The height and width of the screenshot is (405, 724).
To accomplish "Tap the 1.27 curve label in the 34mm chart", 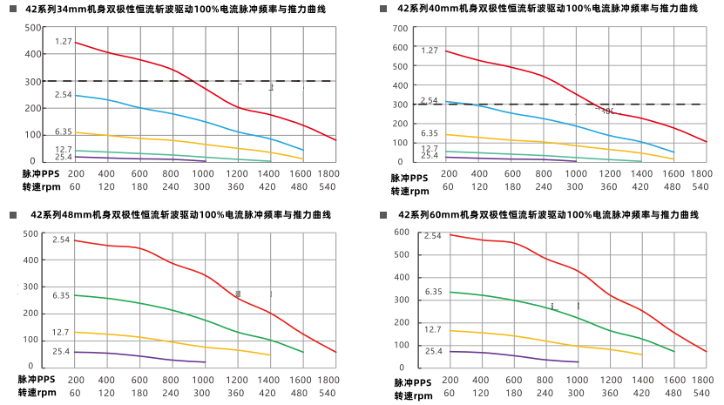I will click(63, 42).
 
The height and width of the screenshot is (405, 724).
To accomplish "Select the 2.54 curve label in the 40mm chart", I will click(429, 101).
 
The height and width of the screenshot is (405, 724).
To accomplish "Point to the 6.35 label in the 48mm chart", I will click(61, 296).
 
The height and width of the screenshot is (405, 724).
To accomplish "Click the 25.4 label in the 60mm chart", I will click(434, 351).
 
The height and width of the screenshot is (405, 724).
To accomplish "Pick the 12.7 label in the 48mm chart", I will click(61, 332).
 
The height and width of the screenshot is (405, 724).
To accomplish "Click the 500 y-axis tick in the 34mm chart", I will click(32, 27).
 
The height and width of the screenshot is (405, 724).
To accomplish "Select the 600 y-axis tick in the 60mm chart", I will click(402, 232).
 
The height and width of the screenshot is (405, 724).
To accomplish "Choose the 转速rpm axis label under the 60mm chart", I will click(411, 395).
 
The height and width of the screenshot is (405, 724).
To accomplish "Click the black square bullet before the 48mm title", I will click(11, 213).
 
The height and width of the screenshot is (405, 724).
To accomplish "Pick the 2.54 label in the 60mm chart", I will click(433, 236).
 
